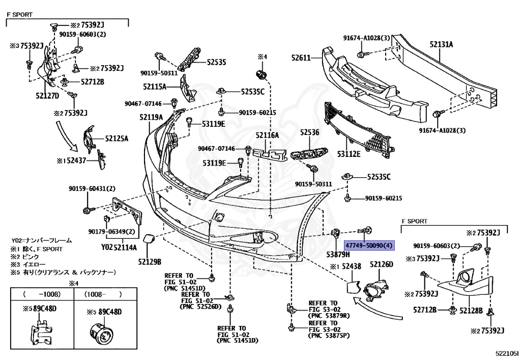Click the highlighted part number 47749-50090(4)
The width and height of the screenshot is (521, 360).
(369, 245)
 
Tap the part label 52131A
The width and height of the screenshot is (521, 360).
(441, 44)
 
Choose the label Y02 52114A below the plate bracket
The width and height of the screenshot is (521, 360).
(119, 248)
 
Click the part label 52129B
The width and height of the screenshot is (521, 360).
(149, 262)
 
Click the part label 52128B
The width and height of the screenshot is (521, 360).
(472, 310)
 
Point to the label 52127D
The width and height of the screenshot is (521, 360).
(47, 95)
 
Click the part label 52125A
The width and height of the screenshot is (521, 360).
(117, 138)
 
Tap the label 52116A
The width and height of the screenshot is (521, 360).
(267, 135)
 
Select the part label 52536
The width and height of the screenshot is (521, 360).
(309, 132)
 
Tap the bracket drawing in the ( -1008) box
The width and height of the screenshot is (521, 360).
(40, 331)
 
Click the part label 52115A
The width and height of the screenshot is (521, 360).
(155, 87)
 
